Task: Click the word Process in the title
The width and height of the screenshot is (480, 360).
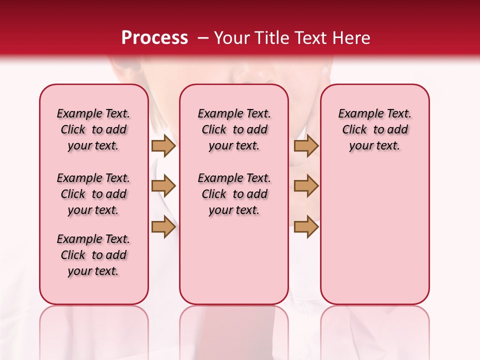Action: click(154, 38)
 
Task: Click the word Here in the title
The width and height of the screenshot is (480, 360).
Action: click(352, 38)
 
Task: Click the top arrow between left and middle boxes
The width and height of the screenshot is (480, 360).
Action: click(163, 145)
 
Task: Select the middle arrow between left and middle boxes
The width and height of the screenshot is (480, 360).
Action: click(163, 186)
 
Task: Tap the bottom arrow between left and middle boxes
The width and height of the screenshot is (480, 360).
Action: click(163, 227)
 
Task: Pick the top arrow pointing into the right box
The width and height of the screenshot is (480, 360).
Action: click(306, 145)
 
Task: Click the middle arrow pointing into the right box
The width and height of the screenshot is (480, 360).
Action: click(306, 186)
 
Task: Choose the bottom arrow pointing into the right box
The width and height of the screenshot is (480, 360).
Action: click(306, 227)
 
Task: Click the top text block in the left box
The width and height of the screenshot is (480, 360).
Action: click(93, 129)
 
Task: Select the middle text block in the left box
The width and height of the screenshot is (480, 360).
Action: click(93, 194)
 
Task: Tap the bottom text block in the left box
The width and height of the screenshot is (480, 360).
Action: click(93, 255)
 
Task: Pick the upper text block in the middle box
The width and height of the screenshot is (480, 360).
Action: click(234, 129)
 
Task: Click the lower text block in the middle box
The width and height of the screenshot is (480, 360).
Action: click(234, 194)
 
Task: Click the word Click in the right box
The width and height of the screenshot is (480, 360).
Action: click(354, 130)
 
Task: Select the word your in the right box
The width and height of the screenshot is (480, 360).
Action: click(360, 146)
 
